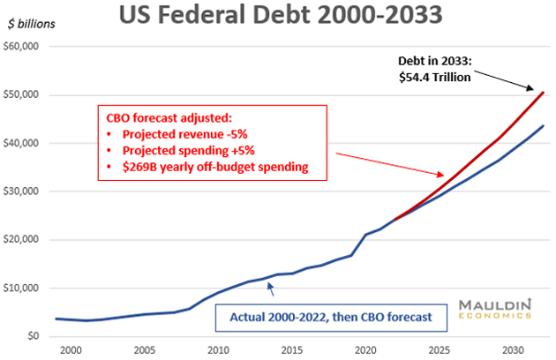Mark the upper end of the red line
542,92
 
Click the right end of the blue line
542,126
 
